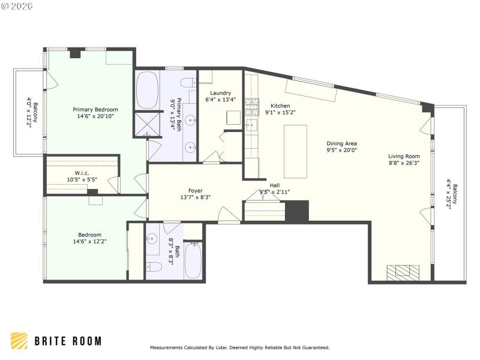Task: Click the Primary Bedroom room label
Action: point(95,110)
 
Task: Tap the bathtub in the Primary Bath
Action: point(148,90)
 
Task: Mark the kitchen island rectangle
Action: point(295,151)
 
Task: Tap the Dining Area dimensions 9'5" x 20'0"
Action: point(341,151)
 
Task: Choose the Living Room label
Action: point(403,156)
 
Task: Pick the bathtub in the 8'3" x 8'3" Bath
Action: point(193,260)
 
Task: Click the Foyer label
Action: point(196,190)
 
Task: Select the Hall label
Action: point(275,185)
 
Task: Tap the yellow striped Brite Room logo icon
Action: point(19,341)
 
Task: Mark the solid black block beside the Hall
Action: point(296,211)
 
